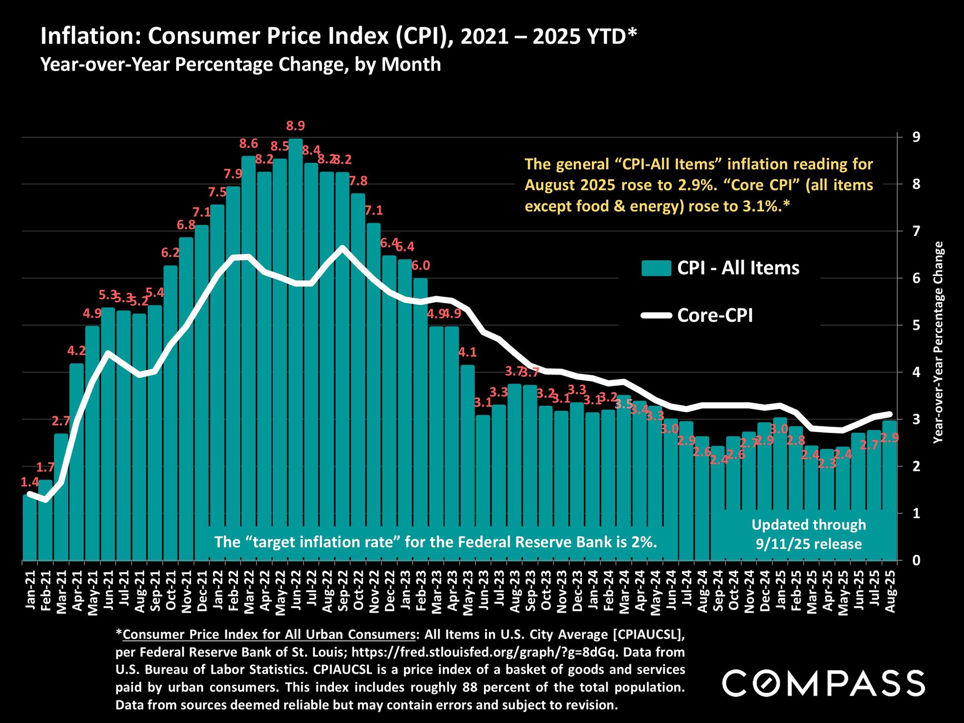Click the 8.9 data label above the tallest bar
pyautogui.click(x=295, y=126)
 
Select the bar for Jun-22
pyautogui.click(x=296, y=351)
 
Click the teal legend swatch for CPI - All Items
pyautogui.click(x=656, y=268)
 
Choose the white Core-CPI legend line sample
pyautogui.click(x=656, y=315)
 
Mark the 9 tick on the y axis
pyautogui.click(x=916, y=137)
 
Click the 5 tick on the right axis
pyautogui.click(x=916, y=325)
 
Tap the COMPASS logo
pyautogui.click(x=823, y=683)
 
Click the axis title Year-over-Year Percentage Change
pyautogui.click(x=938, y=342)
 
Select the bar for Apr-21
pyautogui.click(x=77, y=462)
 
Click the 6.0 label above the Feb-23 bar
pyautogui.click(x=421, y=266)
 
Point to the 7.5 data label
pyautogui.click(x=217, y=192)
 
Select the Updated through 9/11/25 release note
pyautogui.click(x=808, y=534)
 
